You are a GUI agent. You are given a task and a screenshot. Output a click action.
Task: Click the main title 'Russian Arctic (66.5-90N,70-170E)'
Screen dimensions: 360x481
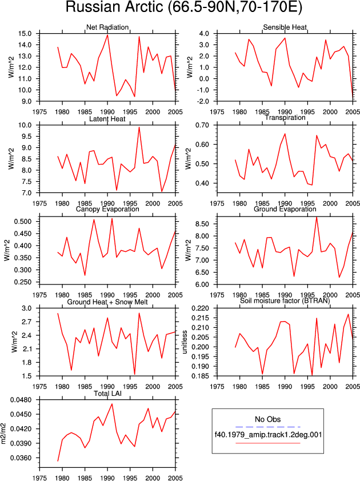184,7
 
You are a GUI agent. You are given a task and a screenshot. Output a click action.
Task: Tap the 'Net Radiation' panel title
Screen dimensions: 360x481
107,27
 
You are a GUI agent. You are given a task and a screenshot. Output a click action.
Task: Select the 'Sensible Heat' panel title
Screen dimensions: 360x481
285,27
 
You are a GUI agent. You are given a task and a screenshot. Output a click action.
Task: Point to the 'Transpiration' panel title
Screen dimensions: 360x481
285,118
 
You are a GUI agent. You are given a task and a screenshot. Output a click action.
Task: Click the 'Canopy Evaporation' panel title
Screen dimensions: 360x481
107,209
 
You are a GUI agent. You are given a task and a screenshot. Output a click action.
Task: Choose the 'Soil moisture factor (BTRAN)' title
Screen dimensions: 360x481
285,300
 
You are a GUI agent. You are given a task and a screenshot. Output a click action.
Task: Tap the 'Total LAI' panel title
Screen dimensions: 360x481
108,393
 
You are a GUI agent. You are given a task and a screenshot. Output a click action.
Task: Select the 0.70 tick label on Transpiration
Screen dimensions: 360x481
202,125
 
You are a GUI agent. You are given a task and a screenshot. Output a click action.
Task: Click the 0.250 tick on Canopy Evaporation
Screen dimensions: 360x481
23,282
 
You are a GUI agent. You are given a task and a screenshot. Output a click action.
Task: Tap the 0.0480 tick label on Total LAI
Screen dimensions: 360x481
21,400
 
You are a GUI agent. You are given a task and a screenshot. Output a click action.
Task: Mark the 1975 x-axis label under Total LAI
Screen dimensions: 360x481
39,478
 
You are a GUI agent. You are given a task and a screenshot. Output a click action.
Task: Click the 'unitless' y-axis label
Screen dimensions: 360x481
185,342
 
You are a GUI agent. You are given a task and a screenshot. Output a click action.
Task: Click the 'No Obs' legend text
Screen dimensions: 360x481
267,419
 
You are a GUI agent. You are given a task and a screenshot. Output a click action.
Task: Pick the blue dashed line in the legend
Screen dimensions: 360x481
267,427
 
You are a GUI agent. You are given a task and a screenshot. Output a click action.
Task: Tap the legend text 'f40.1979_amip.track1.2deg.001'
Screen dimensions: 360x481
268,434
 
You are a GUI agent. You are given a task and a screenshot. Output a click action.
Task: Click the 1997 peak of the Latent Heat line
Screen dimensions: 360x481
139,127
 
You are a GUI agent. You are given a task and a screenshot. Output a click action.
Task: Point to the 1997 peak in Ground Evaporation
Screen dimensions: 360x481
317,217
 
